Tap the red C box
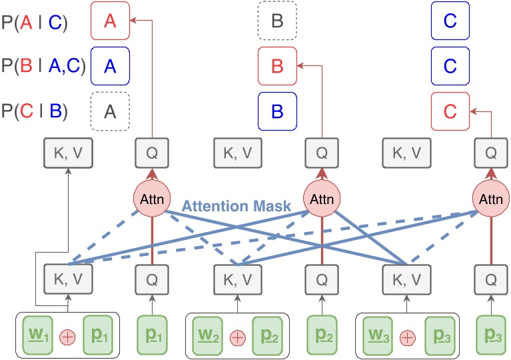pyautogui.click(x=450, y=109)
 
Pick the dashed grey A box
pyautogui.click(x=109, y=109)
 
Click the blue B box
pyautogui.click(x=277, y=109)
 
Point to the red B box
pyautogui.click(x=277, y=65)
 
